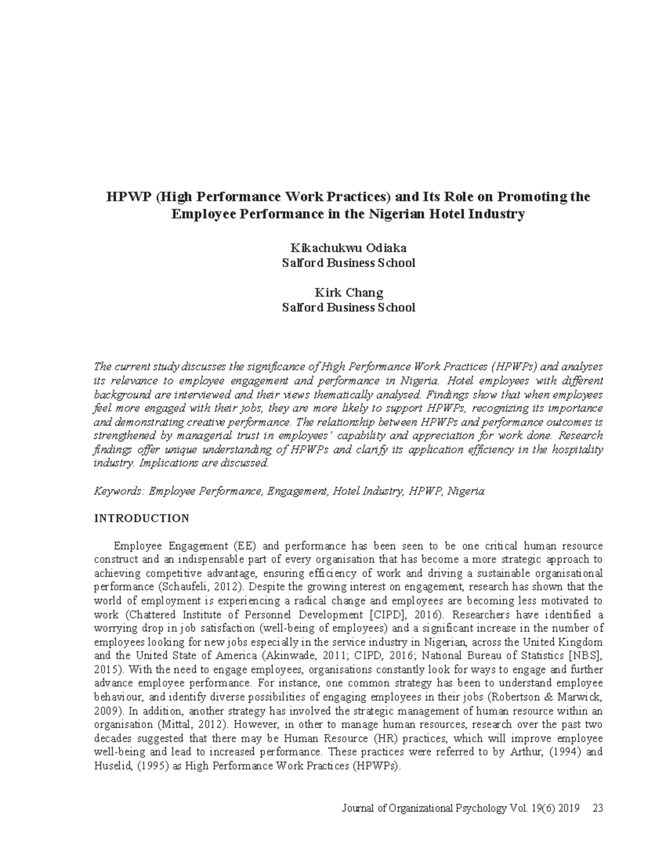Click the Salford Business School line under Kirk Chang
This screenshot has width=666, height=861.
348,307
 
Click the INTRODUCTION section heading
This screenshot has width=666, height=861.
142,519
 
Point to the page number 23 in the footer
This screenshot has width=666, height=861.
598,808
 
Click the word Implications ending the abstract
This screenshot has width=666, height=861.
165,463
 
